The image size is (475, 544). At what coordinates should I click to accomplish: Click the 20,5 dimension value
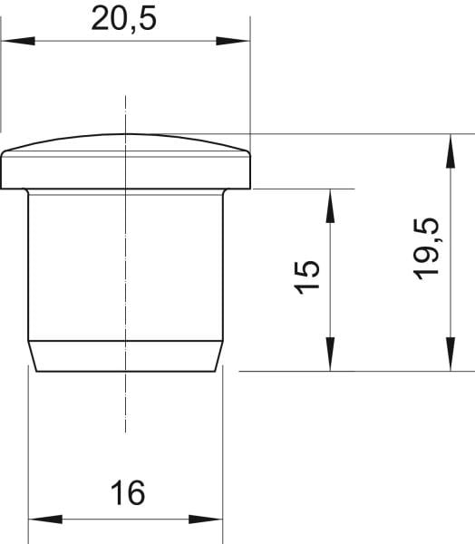click(x=124, y=19)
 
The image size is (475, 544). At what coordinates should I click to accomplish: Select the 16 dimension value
click(x=128, y=492)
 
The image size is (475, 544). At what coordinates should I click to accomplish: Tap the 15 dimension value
click(x=306, y=277)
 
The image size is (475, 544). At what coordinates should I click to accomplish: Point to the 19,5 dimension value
click(x=426, y=248)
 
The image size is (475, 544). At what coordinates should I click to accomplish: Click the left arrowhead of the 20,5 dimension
click(x=18, y=41)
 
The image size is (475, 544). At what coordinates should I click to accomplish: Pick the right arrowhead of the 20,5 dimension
click(x=233, y=41)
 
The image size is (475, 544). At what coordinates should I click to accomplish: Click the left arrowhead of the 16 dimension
click(x=45, y=520)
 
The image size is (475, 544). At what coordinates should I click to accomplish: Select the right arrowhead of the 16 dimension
click(x=206, y=520)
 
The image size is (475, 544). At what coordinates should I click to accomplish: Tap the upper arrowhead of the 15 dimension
click(x=330, y=206)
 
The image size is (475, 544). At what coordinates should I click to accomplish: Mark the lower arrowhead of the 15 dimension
click(x=330, y=354)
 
